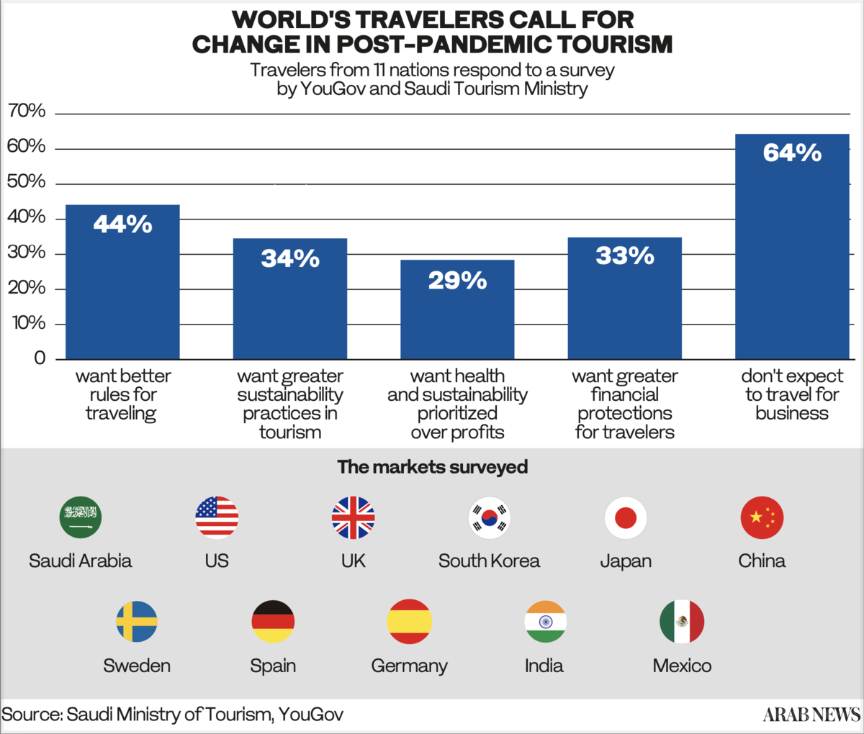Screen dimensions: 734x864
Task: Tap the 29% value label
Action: (457, 280)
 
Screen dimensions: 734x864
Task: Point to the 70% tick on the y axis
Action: (27, 112)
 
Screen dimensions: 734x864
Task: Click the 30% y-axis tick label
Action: (27, 253)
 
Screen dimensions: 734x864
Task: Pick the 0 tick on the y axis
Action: (39, 358)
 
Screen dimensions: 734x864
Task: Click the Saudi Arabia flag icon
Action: (81, 517)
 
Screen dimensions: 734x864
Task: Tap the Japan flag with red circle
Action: (626, 517)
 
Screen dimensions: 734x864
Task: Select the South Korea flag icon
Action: (490, 517)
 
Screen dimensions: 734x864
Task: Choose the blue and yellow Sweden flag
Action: (137, 622)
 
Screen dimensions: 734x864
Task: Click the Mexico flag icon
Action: (682, 622)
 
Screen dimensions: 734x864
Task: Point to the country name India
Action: (544, 666)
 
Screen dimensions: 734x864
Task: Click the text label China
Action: (762, 561)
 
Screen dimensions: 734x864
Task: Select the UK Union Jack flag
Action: (354, 517)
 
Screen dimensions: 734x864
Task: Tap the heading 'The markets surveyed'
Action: (432, 467)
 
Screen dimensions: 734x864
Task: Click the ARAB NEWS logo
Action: (811, 714)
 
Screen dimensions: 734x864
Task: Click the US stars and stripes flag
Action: (217, 517)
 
